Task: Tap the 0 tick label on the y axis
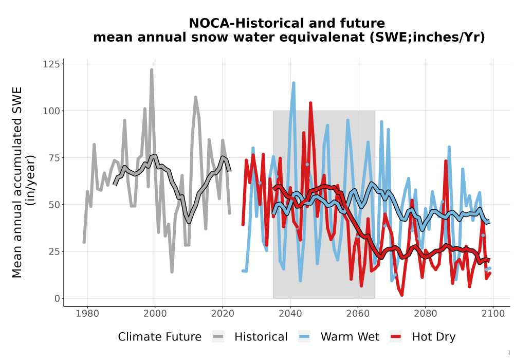tap(57, 298)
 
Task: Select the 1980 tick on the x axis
tap(87, 314)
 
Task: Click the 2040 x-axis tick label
tap(290, 314)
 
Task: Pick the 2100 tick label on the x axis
tap(493, 314)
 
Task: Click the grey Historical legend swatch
tap(218, 337)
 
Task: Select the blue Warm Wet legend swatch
tap(304, 337)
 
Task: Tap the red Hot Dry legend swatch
tap(396, 337)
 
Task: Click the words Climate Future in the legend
tap(160, 337)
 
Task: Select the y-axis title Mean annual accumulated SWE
tap(17, 182)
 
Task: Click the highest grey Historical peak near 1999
tap(152, 70)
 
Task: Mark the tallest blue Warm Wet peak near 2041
tap(293, 83)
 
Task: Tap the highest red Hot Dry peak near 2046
tap(310, 103)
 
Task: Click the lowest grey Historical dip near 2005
tap(172, 272)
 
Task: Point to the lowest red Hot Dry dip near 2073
tap(401, 295)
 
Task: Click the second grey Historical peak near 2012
tap(195, 97)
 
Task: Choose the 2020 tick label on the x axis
tap(223, 314)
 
